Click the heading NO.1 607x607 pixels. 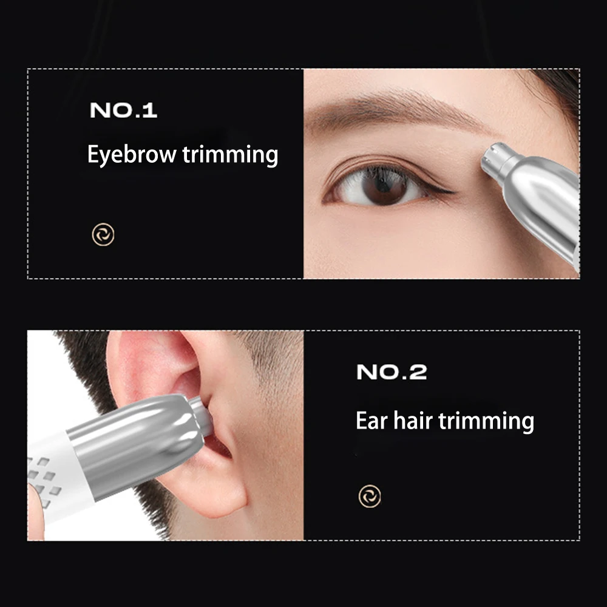123,110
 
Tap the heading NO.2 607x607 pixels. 392,372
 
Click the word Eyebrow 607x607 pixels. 132,155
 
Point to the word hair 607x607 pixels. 413,420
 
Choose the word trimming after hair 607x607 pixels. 486,422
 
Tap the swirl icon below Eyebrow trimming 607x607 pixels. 103,234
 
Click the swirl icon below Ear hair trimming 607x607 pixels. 370,496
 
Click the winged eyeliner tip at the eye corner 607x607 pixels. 453,192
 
